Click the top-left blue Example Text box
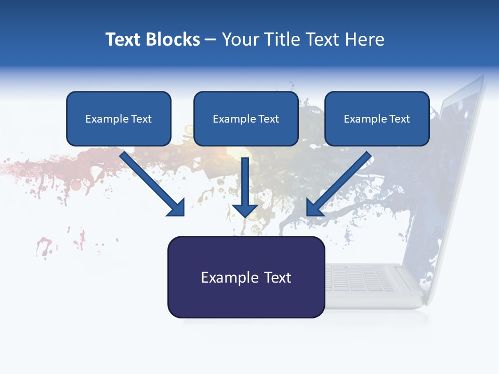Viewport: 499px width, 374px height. (x=119, y=119)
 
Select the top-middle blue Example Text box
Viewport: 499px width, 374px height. (x=246, y=119)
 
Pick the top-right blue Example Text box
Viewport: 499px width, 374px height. (x=377, y=119)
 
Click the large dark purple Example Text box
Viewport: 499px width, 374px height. (x=246, y=277)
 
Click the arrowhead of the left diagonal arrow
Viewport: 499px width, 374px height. (x=177, y=207)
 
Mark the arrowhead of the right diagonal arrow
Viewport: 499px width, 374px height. (x=314, y=207)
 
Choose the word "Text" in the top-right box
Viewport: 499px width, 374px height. (x=399, y=119)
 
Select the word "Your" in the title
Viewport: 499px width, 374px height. (x=238, y=39)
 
